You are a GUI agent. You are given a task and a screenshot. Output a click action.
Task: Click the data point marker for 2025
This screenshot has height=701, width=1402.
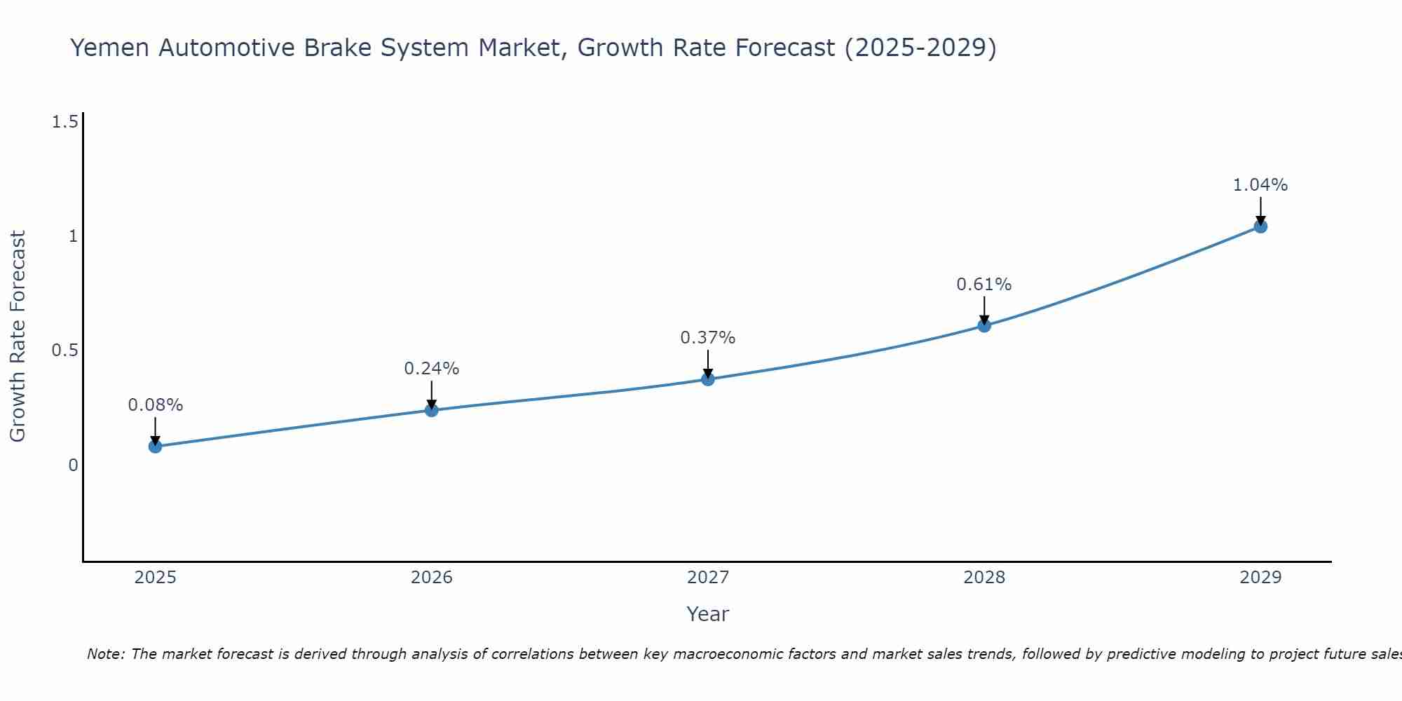click(155, 447)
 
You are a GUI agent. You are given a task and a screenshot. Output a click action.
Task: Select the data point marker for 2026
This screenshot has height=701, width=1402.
click(432, 410)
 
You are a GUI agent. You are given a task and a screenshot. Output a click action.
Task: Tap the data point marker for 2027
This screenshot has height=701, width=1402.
click(708, 379)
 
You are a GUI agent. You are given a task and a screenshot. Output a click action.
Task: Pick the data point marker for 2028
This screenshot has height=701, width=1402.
click(984, 325)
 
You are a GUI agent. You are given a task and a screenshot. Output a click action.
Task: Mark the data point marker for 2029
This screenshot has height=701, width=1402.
click(1260, 226)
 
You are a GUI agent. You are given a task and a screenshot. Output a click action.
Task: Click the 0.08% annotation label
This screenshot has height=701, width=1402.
click(155, 405)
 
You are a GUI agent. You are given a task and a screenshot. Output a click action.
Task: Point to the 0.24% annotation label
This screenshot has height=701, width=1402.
click(432, 369)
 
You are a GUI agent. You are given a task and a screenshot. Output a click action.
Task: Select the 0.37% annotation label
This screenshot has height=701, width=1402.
click(708, 338)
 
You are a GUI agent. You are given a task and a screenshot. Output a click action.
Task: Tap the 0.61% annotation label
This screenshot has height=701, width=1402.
click(984, 285)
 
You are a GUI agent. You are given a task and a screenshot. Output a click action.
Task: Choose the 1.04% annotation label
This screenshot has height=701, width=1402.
click(1260, 185)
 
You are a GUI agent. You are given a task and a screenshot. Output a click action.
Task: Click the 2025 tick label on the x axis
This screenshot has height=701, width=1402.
click(155, 578)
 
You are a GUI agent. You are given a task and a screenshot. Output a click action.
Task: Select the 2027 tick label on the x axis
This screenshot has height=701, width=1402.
click(708, 578)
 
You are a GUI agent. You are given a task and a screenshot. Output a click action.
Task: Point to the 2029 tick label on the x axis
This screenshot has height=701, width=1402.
click(1260, 578)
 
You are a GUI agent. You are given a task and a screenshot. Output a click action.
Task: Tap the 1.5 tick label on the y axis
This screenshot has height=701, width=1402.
click(64, 123)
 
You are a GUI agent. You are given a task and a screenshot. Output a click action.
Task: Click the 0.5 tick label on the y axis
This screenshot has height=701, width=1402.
click(64, 350)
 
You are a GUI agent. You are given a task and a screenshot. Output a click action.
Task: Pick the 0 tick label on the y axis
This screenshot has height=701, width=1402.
click(73, 465)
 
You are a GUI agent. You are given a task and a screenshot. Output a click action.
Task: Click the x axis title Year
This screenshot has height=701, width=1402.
click(708, 614)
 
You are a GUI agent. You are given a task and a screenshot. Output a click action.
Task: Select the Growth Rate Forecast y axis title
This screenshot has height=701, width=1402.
click(18, 336)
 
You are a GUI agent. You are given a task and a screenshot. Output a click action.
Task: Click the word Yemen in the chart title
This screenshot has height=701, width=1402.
click(111, 48)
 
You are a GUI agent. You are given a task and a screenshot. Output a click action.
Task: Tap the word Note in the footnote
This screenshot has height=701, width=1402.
click(105, 654)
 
